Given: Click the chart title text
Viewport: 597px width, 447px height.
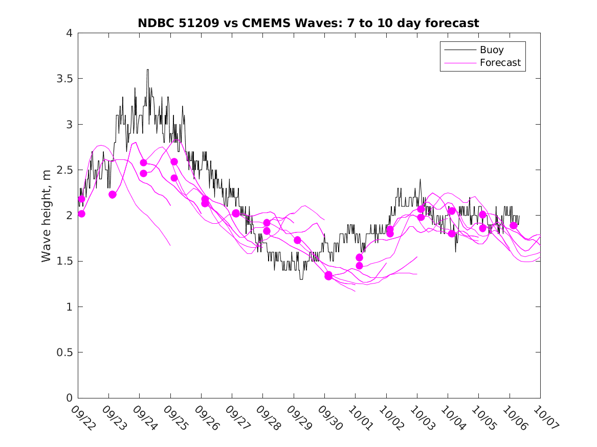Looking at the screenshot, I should (308, 23).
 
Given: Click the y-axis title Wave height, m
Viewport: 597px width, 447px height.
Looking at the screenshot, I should (47, 216).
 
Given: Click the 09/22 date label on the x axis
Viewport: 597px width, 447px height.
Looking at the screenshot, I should (82, 418).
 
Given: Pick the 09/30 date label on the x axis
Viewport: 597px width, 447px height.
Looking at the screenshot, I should (328, 418).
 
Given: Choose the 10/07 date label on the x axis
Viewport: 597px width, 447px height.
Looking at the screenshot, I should (544, 418).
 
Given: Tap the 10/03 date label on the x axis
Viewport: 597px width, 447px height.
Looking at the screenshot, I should (421, 418).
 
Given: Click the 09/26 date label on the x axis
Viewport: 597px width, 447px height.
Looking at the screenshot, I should (205, 418).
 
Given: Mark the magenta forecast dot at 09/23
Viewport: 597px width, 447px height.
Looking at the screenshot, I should (113, 194).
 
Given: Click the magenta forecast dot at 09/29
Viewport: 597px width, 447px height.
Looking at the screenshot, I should (297, 240).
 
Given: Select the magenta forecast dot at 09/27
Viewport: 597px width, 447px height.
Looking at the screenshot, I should (236, 213).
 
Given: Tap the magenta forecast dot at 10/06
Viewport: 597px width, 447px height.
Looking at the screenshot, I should (514, 225).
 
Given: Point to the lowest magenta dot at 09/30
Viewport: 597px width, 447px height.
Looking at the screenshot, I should (328, 276).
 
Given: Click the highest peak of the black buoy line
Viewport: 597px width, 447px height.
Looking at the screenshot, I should (148, 70).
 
